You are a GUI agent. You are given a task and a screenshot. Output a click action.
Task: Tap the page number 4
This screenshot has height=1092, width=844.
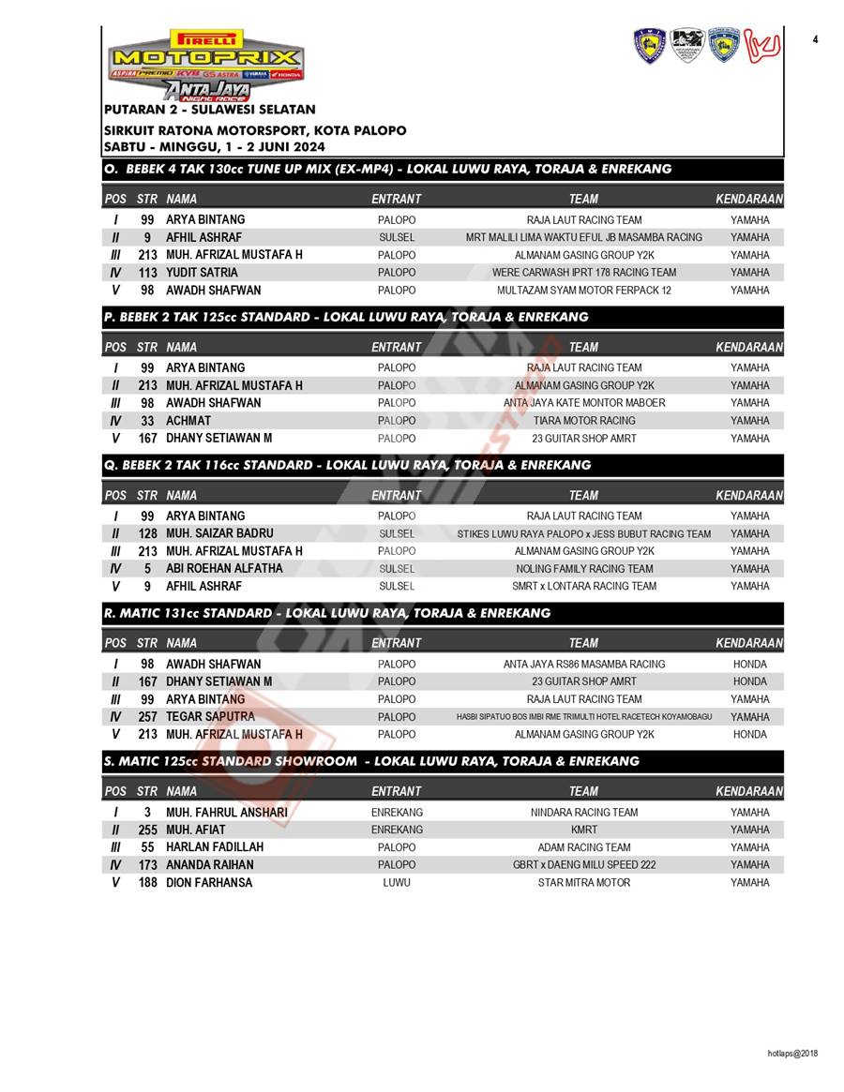(815, 39)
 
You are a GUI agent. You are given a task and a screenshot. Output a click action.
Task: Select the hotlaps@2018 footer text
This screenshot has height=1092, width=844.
(792, 1054)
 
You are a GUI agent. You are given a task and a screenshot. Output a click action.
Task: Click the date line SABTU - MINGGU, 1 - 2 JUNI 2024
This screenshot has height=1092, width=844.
(215, 147)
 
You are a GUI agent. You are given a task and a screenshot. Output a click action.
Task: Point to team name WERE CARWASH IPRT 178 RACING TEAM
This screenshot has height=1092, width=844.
(584, 273)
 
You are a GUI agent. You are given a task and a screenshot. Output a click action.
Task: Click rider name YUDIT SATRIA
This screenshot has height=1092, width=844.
(202, 273)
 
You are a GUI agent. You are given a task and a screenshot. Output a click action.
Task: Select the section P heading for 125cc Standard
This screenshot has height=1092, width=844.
(347, 317)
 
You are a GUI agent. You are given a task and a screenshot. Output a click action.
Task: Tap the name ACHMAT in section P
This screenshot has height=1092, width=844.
(188, 421)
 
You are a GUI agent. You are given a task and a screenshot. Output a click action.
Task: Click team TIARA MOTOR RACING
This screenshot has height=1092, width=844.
(584, 421)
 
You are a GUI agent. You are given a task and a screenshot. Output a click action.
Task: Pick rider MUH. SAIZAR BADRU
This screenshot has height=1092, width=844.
(219, 533)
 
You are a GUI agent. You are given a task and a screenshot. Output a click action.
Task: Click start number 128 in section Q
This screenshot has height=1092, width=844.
(147, 533)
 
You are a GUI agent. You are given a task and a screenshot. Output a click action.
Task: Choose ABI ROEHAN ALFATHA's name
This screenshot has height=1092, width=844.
(224, 568)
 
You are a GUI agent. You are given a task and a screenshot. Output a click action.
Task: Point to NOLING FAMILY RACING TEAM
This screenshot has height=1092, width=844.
(584, 569)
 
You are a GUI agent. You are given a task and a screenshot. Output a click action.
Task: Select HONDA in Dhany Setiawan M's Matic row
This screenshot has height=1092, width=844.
(749, 681)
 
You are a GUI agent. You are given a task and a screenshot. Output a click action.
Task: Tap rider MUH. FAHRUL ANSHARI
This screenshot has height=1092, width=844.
(227, 813)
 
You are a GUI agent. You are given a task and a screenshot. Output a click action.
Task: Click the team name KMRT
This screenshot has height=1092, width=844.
(584, 830)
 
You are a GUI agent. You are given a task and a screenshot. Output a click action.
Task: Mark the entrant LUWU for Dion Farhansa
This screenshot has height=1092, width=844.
(397, 883)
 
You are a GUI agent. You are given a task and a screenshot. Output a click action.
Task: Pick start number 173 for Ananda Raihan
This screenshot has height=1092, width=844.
(147, 865)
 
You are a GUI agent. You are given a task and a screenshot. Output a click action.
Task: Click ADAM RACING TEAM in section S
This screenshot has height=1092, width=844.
(584, 847)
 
